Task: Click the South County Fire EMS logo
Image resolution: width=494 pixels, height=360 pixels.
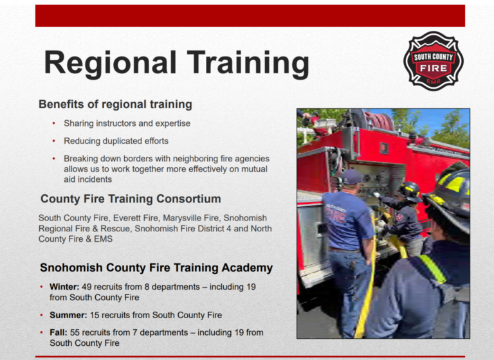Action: point(434,61)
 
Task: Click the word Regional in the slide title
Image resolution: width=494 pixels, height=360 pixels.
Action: point(110,63)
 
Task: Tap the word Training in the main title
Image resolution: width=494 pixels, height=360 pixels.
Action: point(248,63)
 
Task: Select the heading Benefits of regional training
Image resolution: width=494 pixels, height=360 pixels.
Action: point(115,104)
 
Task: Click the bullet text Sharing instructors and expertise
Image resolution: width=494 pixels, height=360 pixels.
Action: point(127,123)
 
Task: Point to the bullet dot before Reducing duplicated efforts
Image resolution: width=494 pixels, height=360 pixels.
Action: point(54,141)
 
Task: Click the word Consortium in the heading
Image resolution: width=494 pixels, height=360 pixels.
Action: point(188,199)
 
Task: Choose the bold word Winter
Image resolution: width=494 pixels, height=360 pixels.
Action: point(64,287)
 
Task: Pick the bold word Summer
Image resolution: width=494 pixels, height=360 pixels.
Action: point(68,315)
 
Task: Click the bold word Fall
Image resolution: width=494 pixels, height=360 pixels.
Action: point(59,332)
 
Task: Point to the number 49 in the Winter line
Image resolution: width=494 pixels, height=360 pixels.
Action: point(87,287)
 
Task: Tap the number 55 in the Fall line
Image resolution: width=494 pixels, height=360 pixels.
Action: point(75,332)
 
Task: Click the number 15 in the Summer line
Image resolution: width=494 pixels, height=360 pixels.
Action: point(95,315)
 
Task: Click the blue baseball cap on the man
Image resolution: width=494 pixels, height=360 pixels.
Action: point(352,177)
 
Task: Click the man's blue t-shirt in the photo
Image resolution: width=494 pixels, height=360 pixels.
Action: point(347,221)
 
